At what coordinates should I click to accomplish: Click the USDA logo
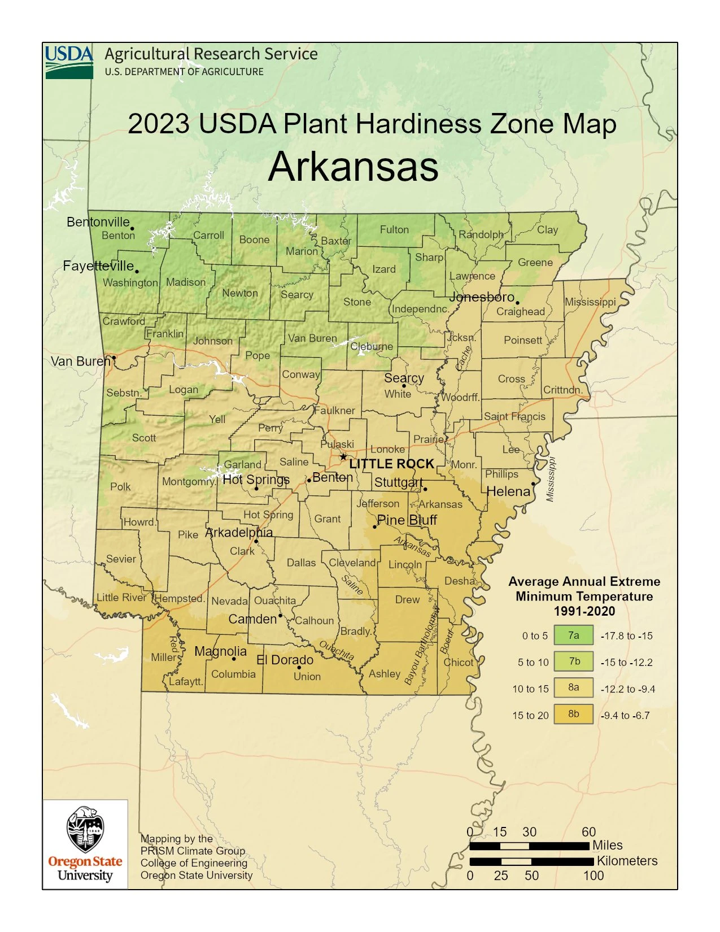[x=69, y=62]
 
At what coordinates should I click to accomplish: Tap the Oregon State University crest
[x=85, y=830]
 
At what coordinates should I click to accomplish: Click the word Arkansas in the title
[x=353, y=167]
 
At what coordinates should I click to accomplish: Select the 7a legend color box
[x=573, y=635]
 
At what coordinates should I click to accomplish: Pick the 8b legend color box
[x=573, y=714]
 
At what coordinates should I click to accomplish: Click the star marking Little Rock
[x=343, y=457]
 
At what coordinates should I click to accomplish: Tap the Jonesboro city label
[x=482, y=297]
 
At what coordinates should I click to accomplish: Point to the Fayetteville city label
[x=98, y=265]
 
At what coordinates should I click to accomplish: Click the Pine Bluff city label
[x=407, y=520]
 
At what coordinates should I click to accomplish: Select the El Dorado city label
[x=285, y=660]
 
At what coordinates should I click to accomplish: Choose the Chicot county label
[x=459, y=662]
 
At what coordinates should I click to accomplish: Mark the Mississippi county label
[x=590, y=302]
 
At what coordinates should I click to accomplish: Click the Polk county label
[x=120, y=486]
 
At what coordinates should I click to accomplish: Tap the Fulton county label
[x=394, y=229]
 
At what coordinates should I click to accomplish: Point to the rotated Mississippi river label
[x=551, y=479]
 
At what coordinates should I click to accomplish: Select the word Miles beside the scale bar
[x=607, y=845]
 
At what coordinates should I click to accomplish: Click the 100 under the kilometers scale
[x=593, y=876]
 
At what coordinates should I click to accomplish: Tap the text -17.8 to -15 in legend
[x=626, y=636]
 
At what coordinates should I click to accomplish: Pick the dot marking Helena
[x=534, y=484]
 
